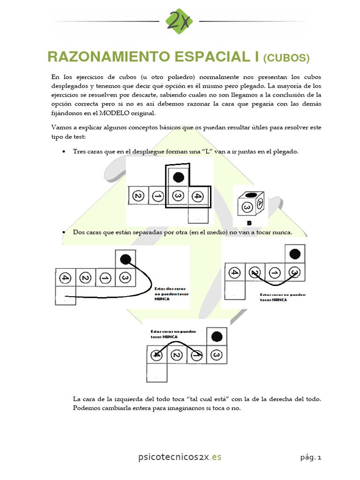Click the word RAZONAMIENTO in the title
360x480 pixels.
tap(109, 57)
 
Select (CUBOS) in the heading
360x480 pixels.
tap(286, 58)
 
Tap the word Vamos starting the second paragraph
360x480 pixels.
tap(61, 127)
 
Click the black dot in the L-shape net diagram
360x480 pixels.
tap(178, 177)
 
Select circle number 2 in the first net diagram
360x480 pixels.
tap(138, 195)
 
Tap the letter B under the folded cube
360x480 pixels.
tap(250, 223)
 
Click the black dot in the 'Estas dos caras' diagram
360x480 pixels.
tap(125, 259)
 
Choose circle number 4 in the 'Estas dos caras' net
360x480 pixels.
tap(66, 278)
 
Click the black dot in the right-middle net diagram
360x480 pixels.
tap(295, 254)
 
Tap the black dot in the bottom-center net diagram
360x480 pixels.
tap(216, 337)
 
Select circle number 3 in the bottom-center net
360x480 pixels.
tap(216, 355)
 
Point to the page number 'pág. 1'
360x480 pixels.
tap(311, 457)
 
